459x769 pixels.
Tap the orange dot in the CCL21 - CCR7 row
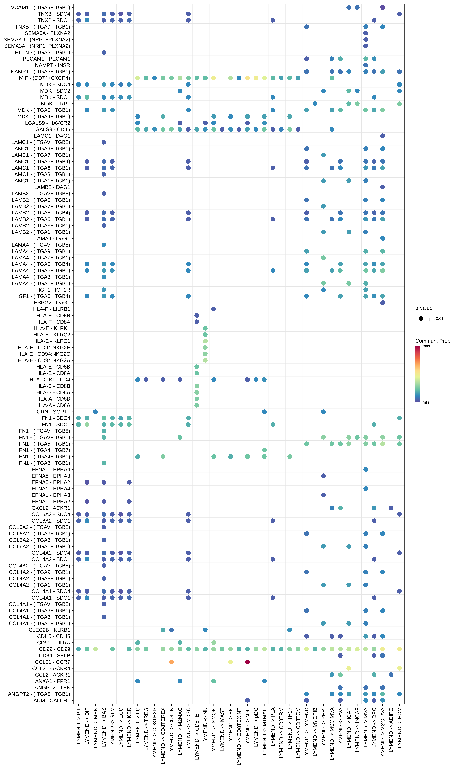pyautogui.click(x=171, y=662)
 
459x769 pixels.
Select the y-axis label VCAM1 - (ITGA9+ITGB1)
pyautogui.click(x=40, y=7)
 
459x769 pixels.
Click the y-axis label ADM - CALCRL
pyautogui.click(x=52, y=700)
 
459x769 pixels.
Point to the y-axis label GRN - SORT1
pyautogui.click(x=53, y=412)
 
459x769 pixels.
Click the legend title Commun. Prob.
pyautogui.click(x=433, y=341)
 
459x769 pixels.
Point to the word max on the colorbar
pyautogui.click(x=426, y=346)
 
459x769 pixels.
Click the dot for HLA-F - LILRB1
pyautogui.click(x=213, y=309)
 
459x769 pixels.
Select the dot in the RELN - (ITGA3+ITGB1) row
pyautogui.click(x=104, y=52)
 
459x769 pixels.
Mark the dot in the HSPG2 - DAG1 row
pyautogui.click(x=383, y=302)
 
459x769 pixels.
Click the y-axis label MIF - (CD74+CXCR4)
pyautogui.click(x=45, y=78)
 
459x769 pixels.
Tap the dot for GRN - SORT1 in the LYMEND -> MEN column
pyautogui.click(x=95, y=412)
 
